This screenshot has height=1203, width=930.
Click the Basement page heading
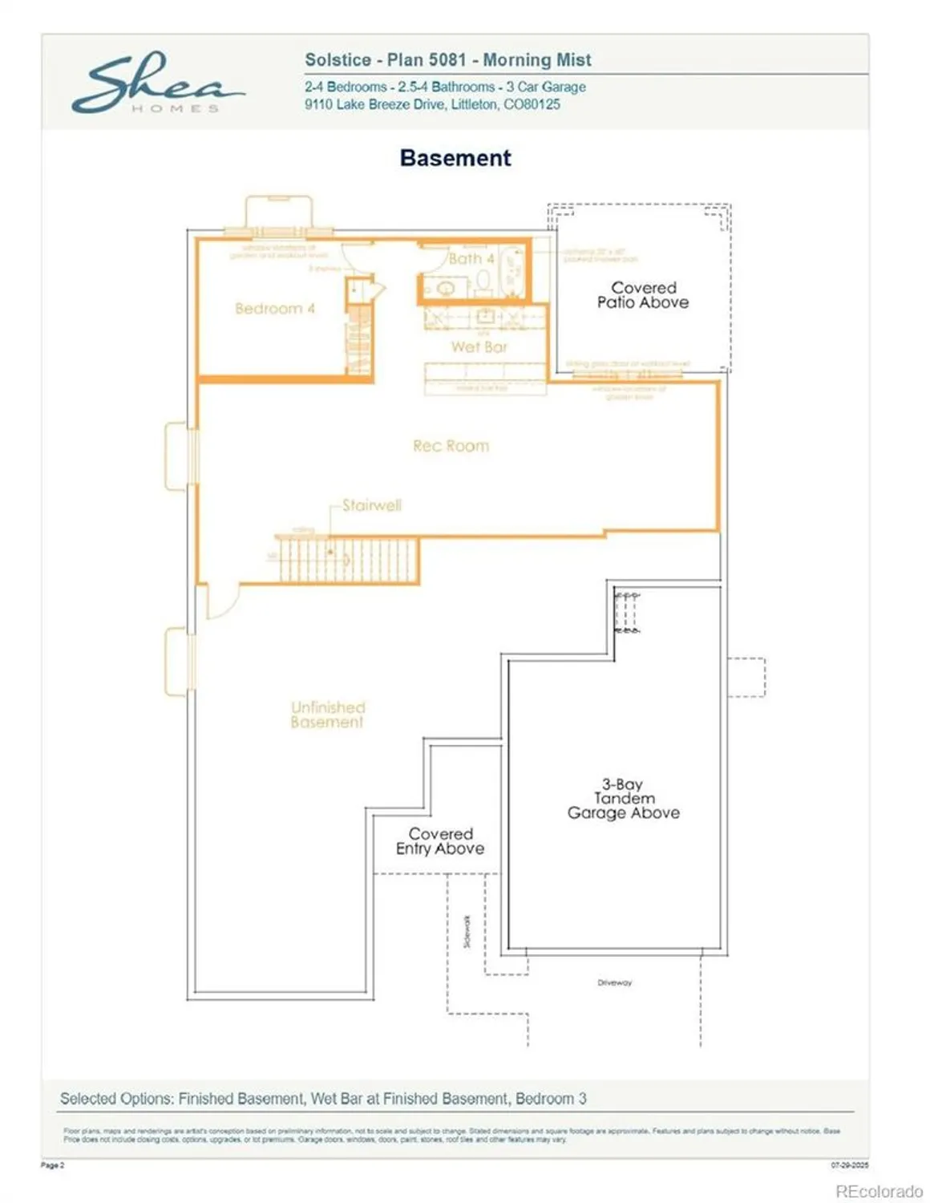(x=455, y=158)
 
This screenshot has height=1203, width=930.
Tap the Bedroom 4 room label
(x=274, y=309)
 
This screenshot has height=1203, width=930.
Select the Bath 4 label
(x=471, y=258)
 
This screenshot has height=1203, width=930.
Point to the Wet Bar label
(x=479, y=346)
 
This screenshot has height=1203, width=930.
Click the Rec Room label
(x=451, y=446)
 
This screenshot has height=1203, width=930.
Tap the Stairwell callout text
(x=371, y=505)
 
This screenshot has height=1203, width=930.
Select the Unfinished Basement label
(x=327, y=715)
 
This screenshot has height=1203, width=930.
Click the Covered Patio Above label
(x=643, y=295)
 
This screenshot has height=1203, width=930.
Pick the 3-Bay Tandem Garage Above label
(x=623, y=799)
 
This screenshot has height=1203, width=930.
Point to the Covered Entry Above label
(x=440, y=841)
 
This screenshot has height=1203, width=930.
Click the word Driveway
(x=614, y=982)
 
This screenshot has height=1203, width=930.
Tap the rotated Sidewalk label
(x=467, y=932)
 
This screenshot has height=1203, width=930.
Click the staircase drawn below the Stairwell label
(x=348, y=559)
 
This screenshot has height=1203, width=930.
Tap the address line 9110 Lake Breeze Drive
(x=432, y=104)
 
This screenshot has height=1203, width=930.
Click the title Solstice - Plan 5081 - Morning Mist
(x=448, y=60)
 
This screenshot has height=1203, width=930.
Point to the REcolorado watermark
(x=878, y=1191)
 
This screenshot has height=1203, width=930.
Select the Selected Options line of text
(x=323, y=1099)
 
